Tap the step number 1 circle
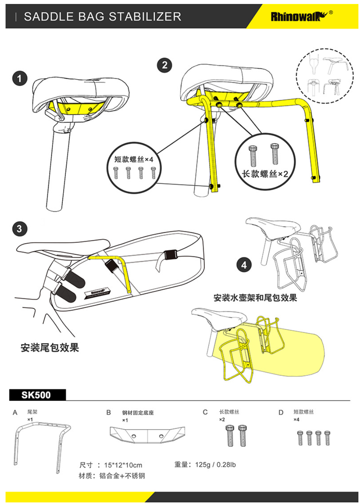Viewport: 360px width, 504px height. tap(19, 78)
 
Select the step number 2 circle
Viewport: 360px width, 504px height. tap(164, 65)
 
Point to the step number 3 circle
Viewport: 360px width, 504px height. tap(19, 229)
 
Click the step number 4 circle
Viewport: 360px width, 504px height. tap(244, 265)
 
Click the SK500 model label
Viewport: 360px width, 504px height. tap(36, 395)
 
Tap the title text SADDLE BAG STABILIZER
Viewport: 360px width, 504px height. tap(102, 17)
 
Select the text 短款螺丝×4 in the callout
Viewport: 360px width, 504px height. tap(133, 160)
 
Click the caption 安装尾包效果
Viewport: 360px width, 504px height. tap(50, 348)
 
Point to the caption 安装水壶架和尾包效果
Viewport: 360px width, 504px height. tap(255, 297)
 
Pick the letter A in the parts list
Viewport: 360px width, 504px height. tap(15, 413)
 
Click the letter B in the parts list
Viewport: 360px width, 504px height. tap(108, 413)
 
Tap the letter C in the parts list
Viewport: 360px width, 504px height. tap(205, 413)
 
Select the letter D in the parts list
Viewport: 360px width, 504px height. tap(281, 413)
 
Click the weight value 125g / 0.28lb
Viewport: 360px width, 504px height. tap(215, 464)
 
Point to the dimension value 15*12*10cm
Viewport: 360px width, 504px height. tap(123, 465)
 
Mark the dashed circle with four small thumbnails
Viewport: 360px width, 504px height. tap(324, 75)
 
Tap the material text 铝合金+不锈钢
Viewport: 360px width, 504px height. tap(122, 475)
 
